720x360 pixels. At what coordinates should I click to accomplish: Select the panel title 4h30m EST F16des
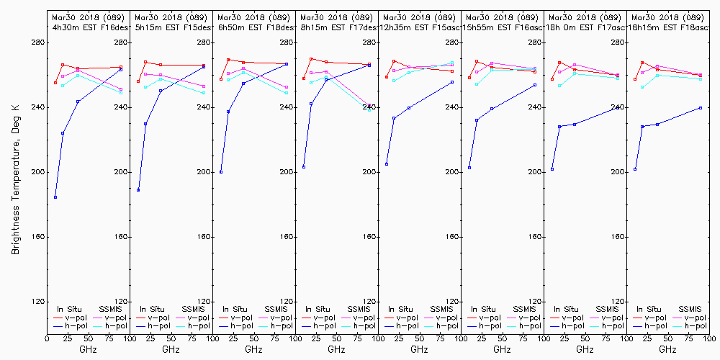tap(88, 27)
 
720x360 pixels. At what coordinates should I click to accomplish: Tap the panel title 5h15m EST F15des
tap(171, 27)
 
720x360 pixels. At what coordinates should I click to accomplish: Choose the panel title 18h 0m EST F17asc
tap(585, 27)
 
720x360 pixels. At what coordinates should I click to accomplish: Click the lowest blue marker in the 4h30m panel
tap(55, 197)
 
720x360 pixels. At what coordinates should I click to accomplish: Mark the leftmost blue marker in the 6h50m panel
tap(221, 172)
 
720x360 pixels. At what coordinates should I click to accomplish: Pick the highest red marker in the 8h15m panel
tap(311, 59)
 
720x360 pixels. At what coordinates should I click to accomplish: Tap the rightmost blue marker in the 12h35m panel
tap(452, 82)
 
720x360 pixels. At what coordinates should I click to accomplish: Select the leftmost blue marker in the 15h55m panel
tap(469, 168)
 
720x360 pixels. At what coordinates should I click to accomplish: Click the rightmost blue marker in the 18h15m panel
tap(701, 108)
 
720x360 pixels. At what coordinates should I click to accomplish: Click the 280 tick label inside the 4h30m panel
tap(122, 42)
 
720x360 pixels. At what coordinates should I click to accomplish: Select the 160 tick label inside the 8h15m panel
tap(370, 237)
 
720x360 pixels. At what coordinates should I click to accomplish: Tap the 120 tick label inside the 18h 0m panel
tap(618, 302)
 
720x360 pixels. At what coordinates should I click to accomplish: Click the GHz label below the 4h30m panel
tap(88, 349)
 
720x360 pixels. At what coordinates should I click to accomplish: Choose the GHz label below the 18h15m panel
tap(667, 349)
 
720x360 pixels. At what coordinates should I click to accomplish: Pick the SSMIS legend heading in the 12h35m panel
tap(442, 309)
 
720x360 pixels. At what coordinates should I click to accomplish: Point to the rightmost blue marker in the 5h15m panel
tap(204, 66)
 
